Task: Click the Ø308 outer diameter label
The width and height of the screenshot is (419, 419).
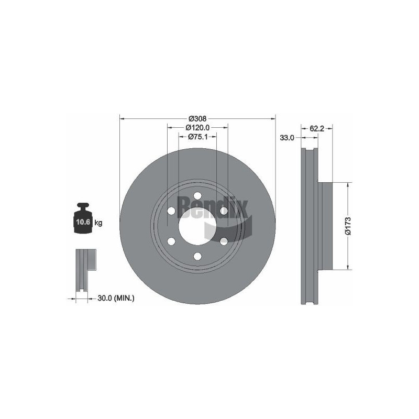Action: [x=197, y=118]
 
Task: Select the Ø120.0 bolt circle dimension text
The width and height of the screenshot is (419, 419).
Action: [x=197, y=127]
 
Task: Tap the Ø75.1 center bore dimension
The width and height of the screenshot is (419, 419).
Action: [x=198, y=137]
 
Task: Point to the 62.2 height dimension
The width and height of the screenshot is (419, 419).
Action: [x=317, y=128]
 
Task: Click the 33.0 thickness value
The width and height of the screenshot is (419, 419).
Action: [x=286, y=138]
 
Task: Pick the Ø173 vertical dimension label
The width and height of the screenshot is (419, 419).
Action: [x=348, y=226]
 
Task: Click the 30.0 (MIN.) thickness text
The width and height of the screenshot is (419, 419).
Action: [x=116, y=298]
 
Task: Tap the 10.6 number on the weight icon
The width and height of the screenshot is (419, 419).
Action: [x=83, y=222]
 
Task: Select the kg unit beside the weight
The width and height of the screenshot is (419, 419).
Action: [x=98, y=222]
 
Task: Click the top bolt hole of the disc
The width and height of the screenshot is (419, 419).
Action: [x=197, y=195]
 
